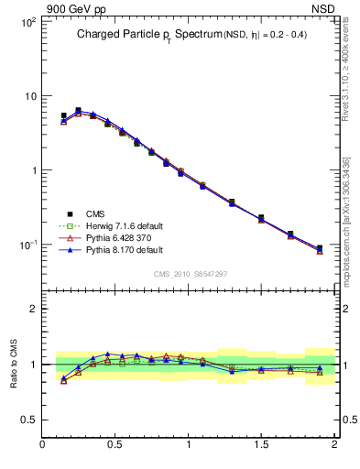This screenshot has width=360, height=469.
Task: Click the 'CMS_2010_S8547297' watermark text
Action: [x=190, y=274]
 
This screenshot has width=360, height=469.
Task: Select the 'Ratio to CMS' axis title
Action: [x=15, y=364]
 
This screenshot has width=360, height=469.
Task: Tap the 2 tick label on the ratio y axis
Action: [x=31, y=309]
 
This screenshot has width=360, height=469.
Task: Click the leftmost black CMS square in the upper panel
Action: [x=63, y=116]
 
